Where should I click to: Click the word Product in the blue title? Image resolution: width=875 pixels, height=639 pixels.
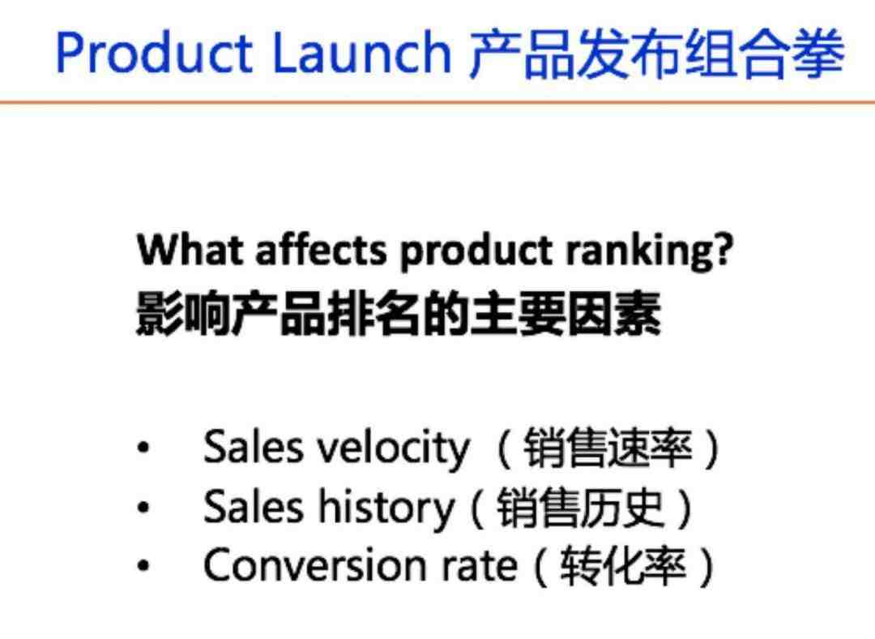pos(154,53)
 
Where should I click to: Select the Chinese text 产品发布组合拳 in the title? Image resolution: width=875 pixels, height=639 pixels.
pos(657,53)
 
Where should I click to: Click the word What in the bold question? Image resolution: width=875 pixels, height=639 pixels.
pos(190,249)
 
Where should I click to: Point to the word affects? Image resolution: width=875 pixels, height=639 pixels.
pos(321,249)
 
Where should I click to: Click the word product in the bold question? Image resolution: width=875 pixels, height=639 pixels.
pos(476,252)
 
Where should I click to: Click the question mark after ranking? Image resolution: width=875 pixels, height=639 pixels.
pos(723,249)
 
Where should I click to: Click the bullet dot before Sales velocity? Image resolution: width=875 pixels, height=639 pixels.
pos(143,448)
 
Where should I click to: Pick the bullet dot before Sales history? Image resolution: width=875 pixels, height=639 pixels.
pos(143,507)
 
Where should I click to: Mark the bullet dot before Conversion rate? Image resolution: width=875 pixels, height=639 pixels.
pos(143,565)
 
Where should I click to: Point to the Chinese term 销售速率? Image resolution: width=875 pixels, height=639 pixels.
pos(608,448)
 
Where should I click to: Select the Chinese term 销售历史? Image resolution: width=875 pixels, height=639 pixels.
pos(580,507)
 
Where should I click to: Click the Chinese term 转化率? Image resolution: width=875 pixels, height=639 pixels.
pos(623,566)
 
